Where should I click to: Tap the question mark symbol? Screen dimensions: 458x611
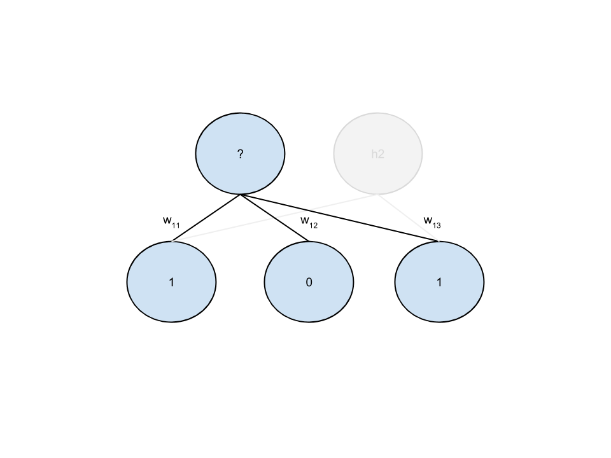pyautogui.click(x=240, y=154)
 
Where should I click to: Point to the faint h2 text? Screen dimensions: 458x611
pyautogui.click(x=378, y=154)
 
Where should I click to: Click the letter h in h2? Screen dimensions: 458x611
pyautogui.click(x=374, y=154)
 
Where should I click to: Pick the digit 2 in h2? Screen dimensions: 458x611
pyautogui.click(x=381, y=154)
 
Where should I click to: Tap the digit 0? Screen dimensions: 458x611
pyautogui.click(x=309, y=282)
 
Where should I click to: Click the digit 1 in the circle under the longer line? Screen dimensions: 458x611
pyautogui.click(x=171, y=282)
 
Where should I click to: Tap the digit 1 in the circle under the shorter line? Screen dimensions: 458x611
pyautogui.click(x=439, y=282)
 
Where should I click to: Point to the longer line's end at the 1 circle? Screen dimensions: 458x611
pyautogui.click(x=172, y=242)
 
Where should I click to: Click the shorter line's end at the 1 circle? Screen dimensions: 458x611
pyautogui.click(x=439, y=242)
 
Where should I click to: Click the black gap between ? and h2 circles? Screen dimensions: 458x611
pyautogui.click(x=309, y=154)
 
